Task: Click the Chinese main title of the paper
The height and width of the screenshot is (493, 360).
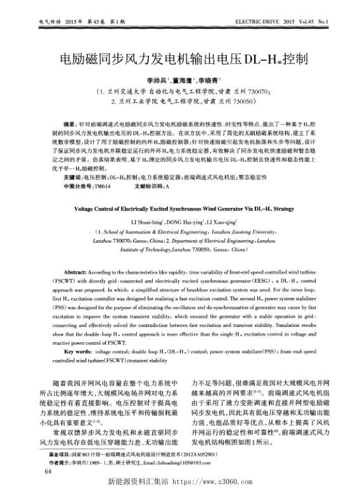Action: [179, 60]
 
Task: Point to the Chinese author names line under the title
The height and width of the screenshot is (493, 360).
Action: [179, 81]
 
